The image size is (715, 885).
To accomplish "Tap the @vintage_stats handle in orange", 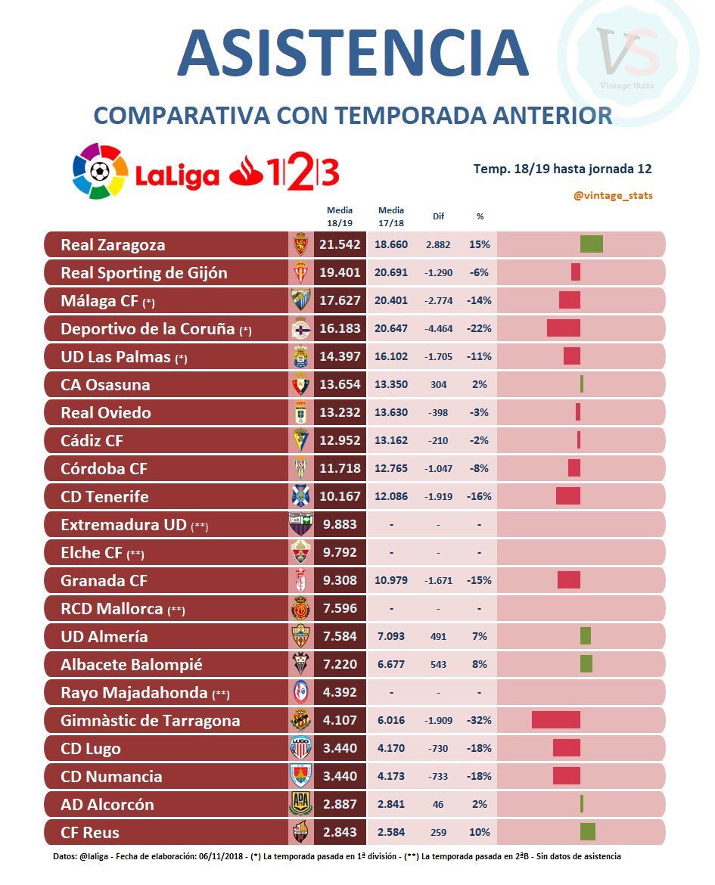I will (613, 195).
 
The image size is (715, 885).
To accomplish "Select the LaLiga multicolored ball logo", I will (100, 172).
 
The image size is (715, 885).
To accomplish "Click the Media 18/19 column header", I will (340, 216).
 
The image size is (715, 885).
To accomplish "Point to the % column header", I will (480, 216).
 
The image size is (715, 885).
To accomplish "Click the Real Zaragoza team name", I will (113, 245).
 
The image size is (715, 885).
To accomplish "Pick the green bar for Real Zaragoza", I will (591, 244).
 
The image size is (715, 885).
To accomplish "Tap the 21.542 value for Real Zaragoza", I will (338, 245).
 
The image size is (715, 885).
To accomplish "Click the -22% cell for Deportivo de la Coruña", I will (479, 329).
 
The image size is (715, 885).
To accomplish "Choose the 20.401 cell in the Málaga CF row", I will (390, 301).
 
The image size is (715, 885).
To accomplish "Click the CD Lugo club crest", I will (300, 749).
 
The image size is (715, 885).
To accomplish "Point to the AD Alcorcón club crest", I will (300, 804).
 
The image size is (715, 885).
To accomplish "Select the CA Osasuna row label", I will (105, 385).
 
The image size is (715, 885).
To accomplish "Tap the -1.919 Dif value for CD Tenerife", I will (438, 497).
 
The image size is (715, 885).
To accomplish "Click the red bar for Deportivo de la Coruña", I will (563, 328).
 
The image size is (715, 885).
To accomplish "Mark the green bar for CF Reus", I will (587, 832).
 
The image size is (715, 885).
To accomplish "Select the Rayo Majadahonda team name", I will (134, 693).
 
